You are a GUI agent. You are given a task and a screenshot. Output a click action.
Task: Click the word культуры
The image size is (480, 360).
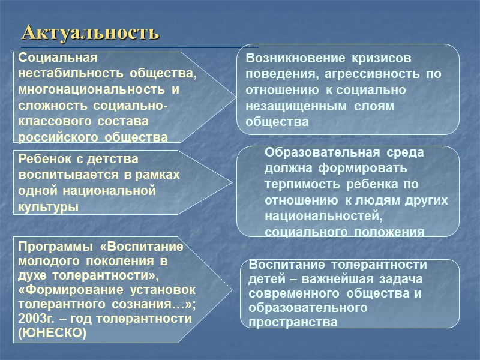[x=48, y=207]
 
